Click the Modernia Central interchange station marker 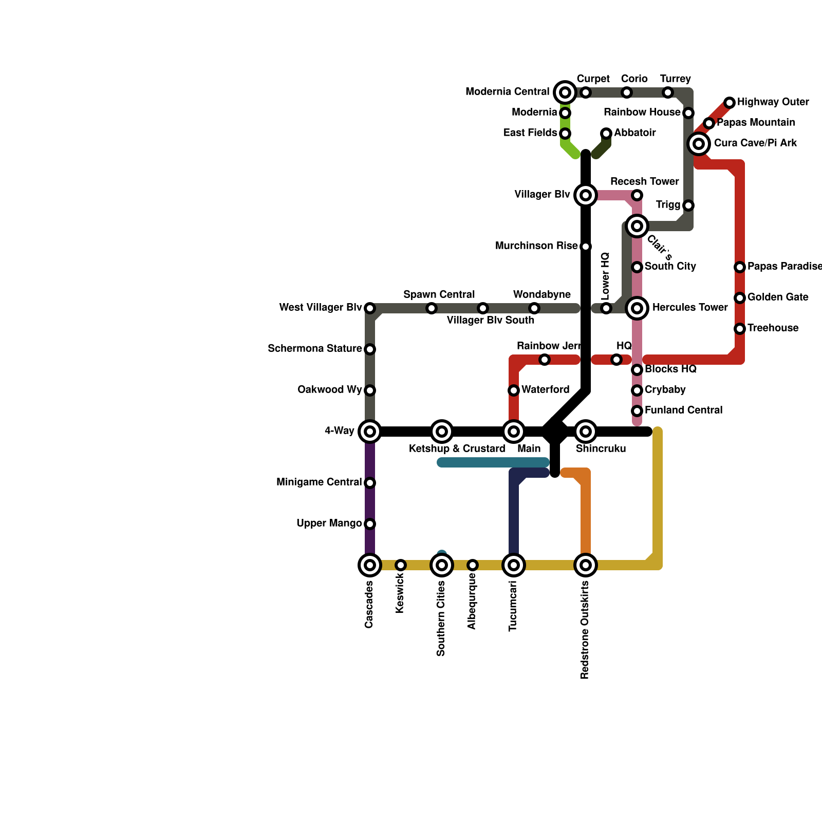point(565,92)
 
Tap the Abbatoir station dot point(606,134)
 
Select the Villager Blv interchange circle point(586,195)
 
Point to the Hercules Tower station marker point(637,308)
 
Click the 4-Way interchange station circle point(370,432)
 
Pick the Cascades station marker point(370,565)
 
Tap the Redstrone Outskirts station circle point(586,565)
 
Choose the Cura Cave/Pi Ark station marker point(699,144)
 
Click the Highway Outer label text point(773,102)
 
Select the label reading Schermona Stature point(314,349)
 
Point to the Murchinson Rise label point(536,246)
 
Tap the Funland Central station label point(683,410)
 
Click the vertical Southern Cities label point(441,619)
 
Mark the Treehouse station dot point(740,329)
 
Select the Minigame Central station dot point(370,483)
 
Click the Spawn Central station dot point(432,308)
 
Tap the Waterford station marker point(514,390)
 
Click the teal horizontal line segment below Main point(493,462)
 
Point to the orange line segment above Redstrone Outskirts point(586,514)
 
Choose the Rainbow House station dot point(688,113)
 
